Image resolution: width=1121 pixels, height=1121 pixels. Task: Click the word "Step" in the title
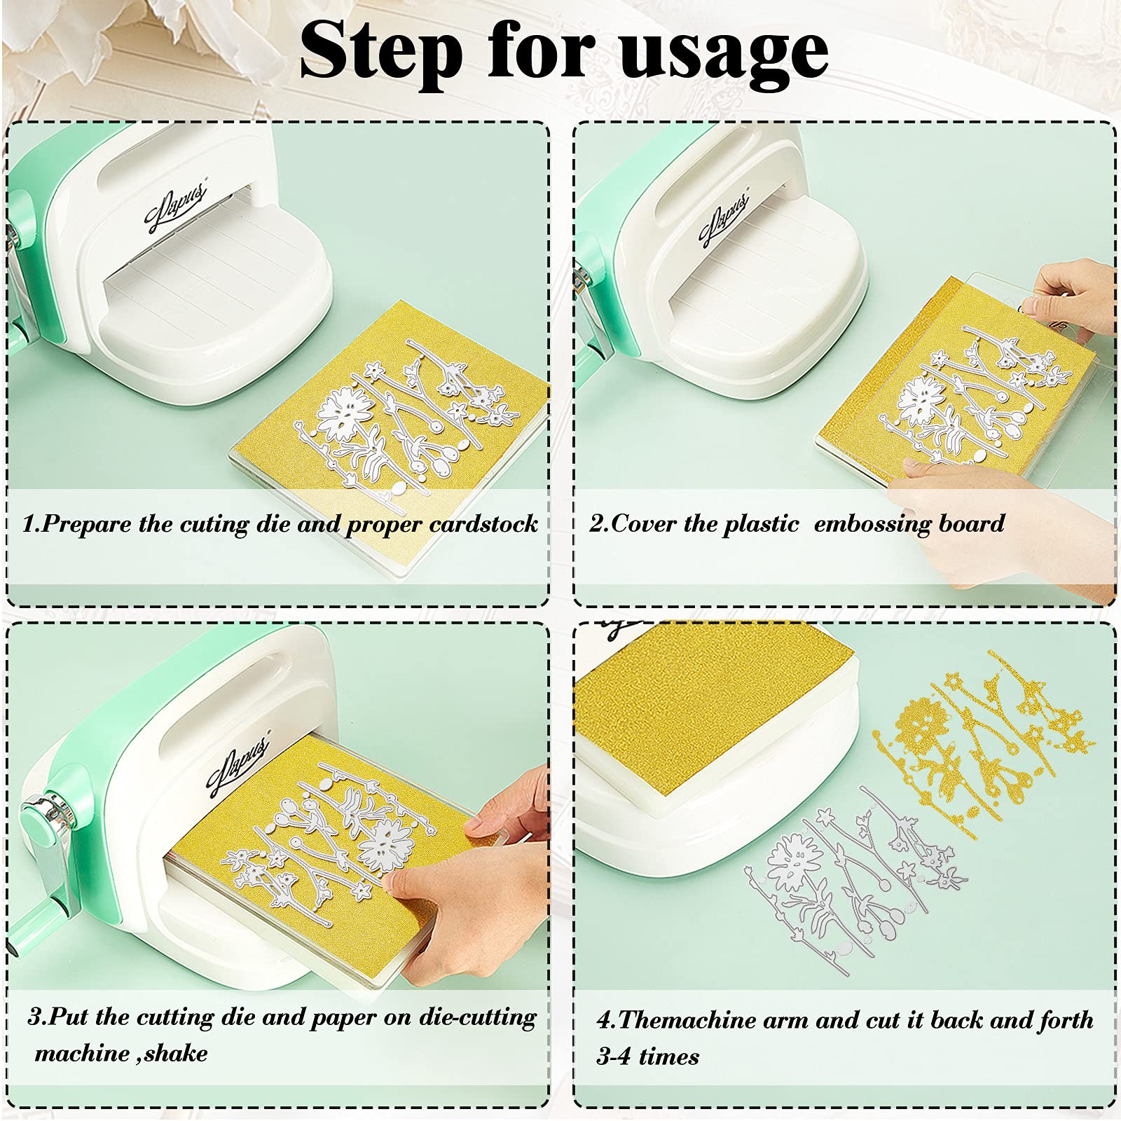click(381, 51)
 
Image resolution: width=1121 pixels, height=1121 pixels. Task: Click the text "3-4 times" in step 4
click(648, 1057)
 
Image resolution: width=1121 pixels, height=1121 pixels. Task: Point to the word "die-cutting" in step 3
click(477, 1017)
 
